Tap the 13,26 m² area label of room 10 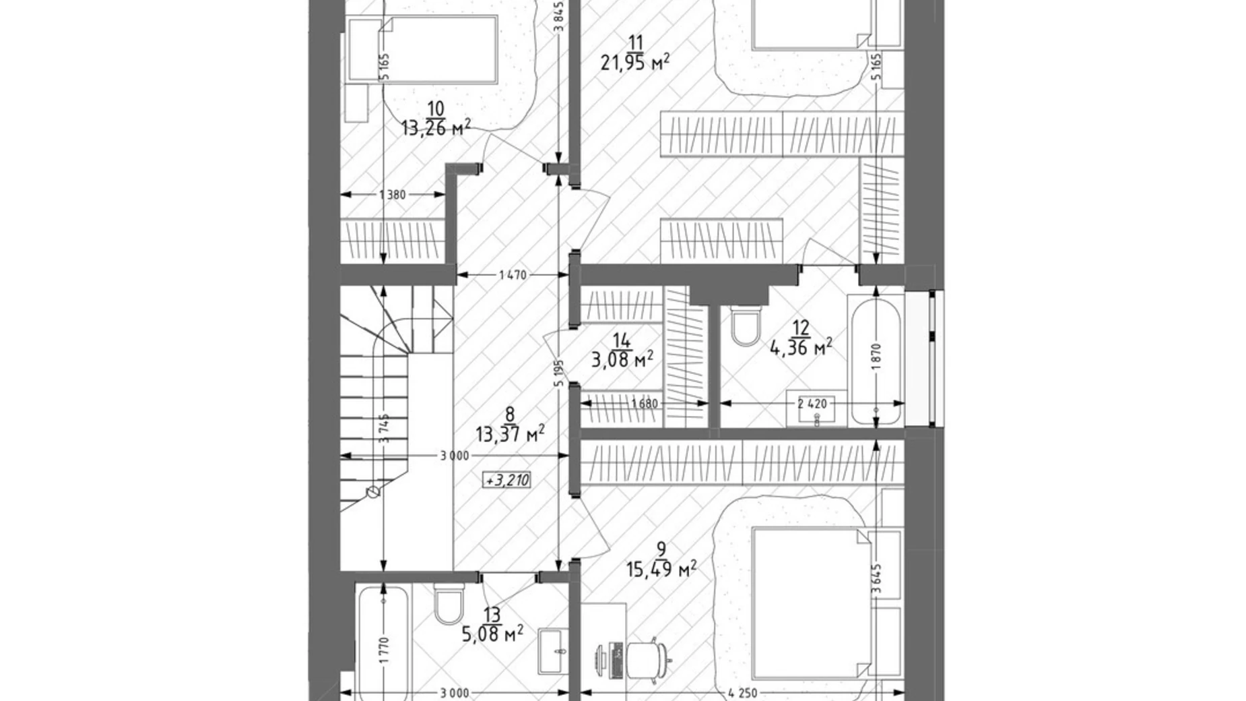(x=435, y=127)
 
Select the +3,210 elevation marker (x=507, y=481)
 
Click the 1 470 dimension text (x=513, y=275)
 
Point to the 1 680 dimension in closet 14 (x=644, y=404)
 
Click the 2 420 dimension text (x=812, y=404)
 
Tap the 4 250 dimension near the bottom (x=743, y=693)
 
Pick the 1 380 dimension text (x=392, y=195)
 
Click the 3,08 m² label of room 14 (x=622, y=360)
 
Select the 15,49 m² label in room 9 (x=661, y=570)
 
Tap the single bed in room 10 (x=431, y=51)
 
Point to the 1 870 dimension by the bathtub (x=876, y=356)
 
